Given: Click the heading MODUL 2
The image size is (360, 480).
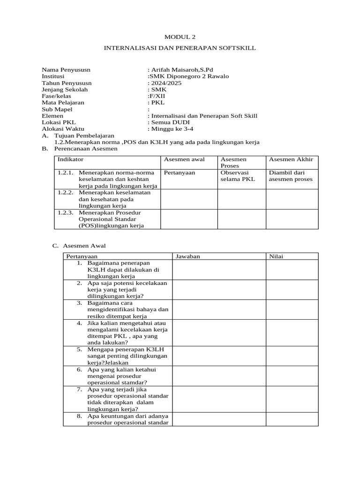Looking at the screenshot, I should pos(180,37).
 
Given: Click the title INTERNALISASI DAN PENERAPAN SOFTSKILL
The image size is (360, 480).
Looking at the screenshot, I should pos(180,48).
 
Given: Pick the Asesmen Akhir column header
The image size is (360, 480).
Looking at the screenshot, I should pos(291,160).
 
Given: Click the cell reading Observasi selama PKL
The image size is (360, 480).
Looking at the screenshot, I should pos(234,176).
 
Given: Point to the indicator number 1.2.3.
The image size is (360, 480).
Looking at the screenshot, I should pos(66,212).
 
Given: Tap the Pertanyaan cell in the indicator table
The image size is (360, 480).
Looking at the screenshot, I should pos(180,172).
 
